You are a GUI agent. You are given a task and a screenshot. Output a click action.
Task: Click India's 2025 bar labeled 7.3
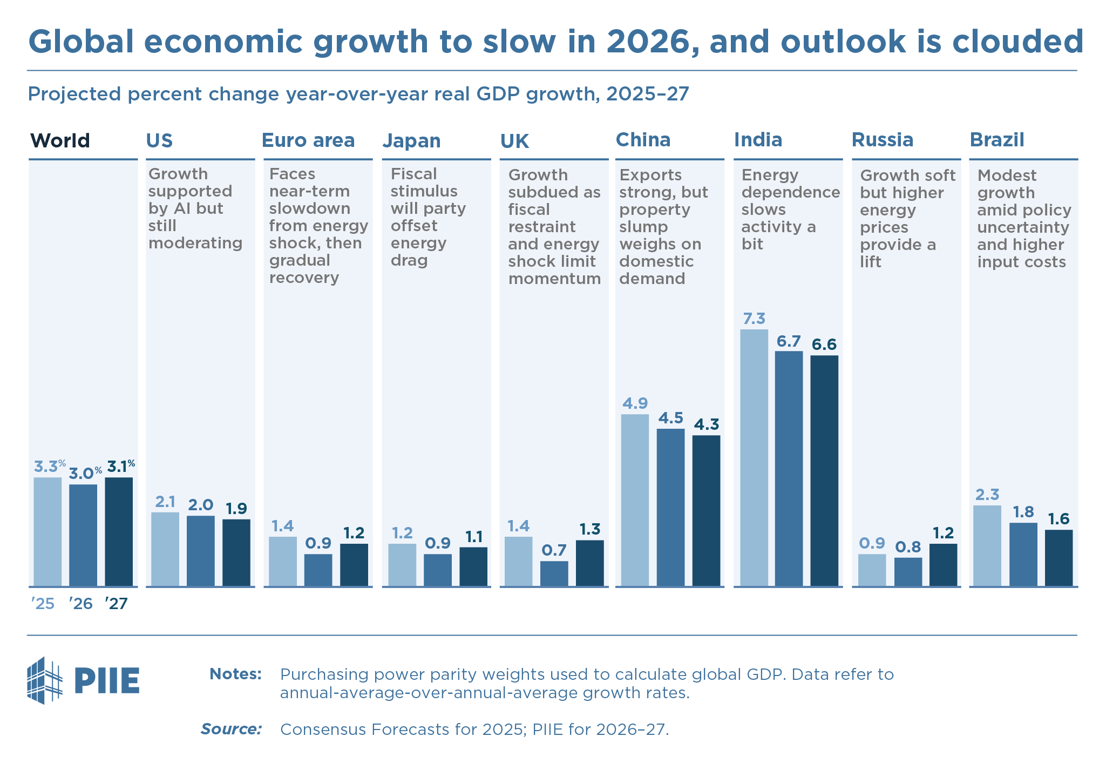click(x=754, y=457)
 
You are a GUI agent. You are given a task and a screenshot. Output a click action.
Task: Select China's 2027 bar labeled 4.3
click(x=706, y=510)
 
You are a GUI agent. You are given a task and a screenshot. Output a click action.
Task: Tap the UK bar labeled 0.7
click(x=554, y=573)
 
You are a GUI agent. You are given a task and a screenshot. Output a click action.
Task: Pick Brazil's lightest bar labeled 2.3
click(x=987, y=545)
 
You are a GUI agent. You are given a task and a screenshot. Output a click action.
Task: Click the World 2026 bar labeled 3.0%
click(x=83, y=535)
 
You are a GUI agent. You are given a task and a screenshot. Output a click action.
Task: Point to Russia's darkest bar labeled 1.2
click(x=943, y=564)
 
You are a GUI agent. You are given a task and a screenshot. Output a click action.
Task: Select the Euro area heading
click(x=308, y=140)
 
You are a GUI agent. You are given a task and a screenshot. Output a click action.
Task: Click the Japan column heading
click(x=411, y=141)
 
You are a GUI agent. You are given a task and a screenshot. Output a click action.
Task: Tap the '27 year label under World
click(x=117, y=604)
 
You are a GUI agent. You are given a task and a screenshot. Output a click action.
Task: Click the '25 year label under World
click(x=43, y=604)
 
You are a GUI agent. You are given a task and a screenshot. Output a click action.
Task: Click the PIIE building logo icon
click(x=44, y=680)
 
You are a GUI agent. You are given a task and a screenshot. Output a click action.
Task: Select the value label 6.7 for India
click(x=788, y=341)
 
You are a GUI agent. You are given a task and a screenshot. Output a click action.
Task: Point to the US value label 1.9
click(x=236, y=509)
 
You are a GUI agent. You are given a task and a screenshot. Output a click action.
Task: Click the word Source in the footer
click(x=231, y=730)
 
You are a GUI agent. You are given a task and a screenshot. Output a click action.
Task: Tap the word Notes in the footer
click(x=235, y=674)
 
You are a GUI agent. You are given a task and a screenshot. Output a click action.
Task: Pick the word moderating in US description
click(x=195, y=243)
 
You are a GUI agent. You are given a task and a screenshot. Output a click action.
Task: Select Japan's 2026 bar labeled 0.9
click(x=437, y=570)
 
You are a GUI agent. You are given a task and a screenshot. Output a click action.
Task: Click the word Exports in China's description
click(x=650, y=175)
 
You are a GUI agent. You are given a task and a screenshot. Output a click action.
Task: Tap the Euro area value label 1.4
click(x=282, y=526)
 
